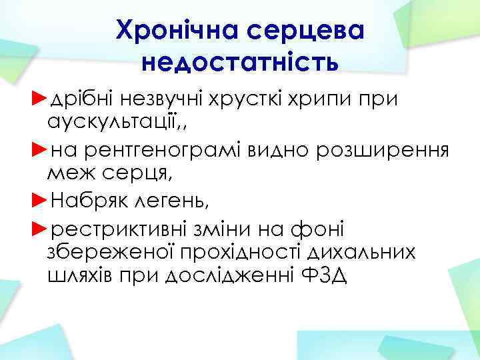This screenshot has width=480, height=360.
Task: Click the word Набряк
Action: [x=87, y=199]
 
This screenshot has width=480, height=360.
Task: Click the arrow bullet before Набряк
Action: [x=40, y=199]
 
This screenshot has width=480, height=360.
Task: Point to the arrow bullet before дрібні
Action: [x=40, y=99]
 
